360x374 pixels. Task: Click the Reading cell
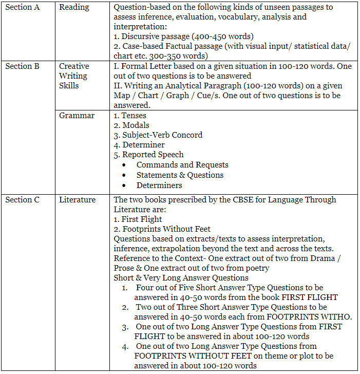pos(74,7)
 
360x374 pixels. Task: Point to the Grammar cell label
pos(77,116)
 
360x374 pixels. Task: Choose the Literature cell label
pos(77,200)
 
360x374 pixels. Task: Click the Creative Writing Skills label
pos(74,76)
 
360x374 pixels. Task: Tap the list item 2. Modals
pos(131,125)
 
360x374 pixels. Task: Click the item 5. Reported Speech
pos(148,155)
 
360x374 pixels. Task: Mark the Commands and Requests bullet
pos(182,165)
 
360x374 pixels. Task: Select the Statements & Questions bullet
pos(180,175)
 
